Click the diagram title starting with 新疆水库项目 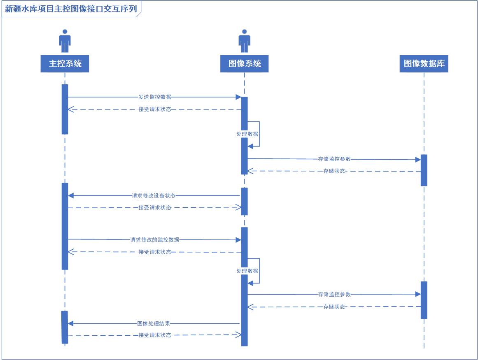point(71,9)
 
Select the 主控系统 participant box point(65,63)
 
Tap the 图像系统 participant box point(245,63)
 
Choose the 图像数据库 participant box point(424,63)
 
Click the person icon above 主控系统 point(65,41)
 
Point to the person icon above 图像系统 point(245,41)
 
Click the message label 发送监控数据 point(155,97)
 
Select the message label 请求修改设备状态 point(154,195)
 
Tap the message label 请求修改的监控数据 point(155,239)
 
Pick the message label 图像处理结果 point(154,323)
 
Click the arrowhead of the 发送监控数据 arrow point(238,97)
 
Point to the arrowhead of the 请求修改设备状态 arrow point(70,195)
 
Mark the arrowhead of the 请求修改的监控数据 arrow point(238,240)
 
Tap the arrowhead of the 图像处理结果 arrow point(70,323)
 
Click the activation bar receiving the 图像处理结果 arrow point(65,327)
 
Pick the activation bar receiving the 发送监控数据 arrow point(245,113)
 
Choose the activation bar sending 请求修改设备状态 point(245,201)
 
